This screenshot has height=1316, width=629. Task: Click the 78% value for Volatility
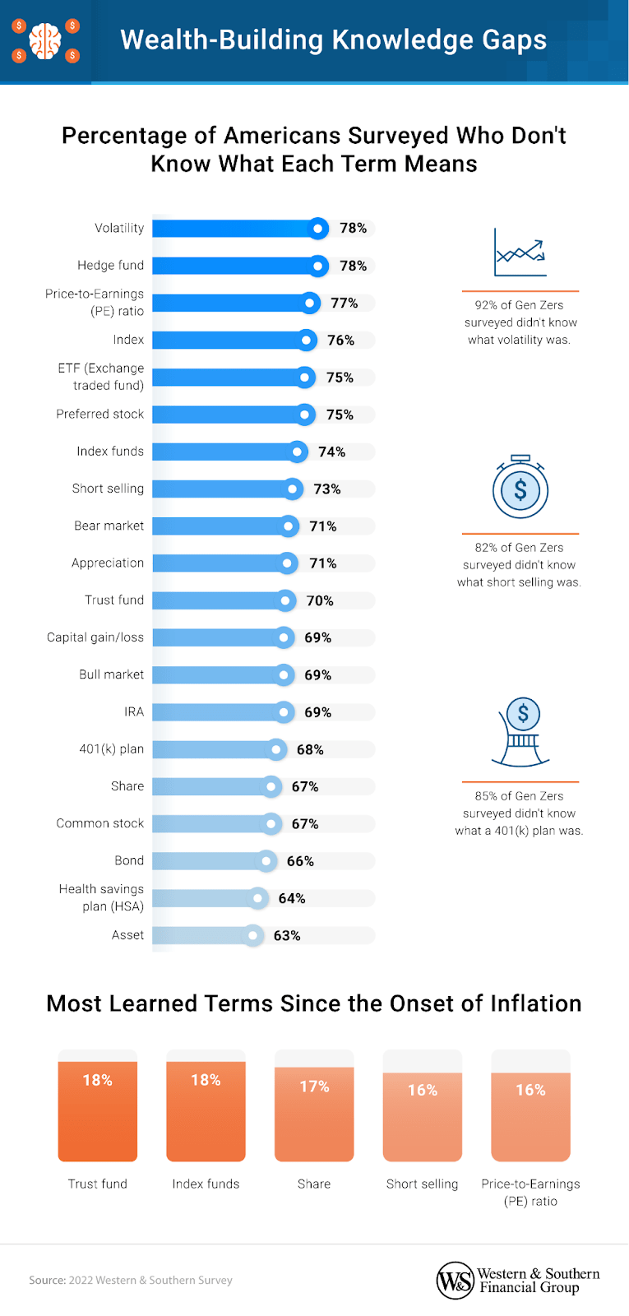[x=354, y=229]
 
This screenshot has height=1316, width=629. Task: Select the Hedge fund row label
[x=110, y=266]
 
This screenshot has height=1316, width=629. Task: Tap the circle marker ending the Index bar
[x=307, y=340]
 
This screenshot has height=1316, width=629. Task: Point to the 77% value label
[x=345, y=303]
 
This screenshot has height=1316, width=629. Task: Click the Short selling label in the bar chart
[x=108, y=489]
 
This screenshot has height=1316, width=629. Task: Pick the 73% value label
[x=327, y=489]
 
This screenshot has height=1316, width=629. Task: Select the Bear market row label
[x=109, y=526]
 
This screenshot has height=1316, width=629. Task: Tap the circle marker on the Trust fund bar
[x=285, y=600]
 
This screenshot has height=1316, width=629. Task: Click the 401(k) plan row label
[x=111, y=749]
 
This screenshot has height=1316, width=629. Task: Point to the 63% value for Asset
[x=287, y=935]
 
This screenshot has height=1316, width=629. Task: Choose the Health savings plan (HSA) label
[x=101, y=897]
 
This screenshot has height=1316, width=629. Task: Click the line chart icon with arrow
[x=520, y=253]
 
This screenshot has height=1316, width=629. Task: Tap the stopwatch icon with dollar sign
[x=520, y=488]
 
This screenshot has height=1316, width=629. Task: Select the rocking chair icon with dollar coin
[x=521, y=732]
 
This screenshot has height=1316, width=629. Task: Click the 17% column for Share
[x=314, y=1114]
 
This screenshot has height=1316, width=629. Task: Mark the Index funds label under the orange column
[x=206, y=1184]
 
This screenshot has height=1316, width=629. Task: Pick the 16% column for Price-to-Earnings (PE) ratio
[x=530, y=1116]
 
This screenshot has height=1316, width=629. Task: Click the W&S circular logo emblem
[x=455, y=1281]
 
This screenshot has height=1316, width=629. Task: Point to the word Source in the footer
[x=47, y=1280]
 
